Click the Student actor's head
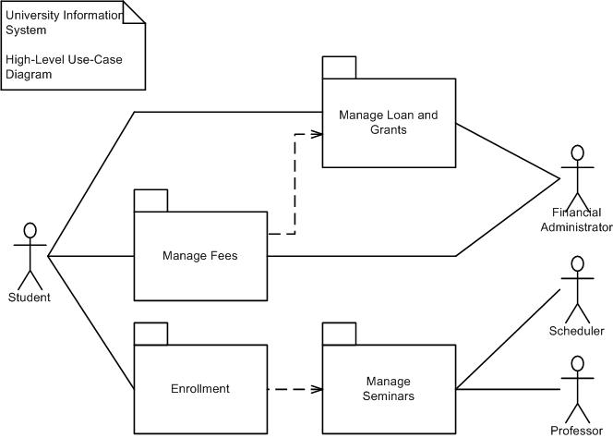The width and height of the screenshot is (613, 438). pos(30,230)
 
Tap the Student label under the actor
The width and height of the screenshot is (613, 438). pos(30,298)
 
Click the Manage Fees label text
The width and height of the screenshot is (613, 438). pos(200,256)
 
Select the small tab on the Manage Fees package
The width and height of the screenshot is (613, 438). pos(150,201)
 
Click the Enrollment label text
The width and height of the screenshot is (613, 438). pos(200,389)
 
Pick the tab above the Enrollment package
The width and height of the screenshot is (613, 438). pos(150,334)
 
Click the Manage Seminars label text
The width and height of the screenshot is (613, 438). pos(389,388)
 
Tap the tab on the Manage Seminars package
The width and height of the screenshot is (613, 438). pos(340,334)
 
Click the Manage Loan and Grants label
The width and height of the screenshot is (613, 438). pos(389,122)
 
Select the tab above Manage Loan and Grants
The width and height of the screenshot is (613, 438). pos(340,67)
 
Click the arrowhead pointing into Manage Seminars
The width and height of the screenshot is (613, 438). pos(317,389)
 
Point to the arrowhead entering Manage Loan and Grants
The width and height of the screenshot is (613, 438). pos(317,134)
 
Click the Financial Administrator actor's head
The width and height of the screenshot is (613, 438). pos(577,153)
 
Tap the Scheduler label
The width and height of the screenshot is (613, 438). pos(577,331)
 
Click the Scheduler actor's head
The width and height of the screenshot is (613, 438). pos(577,264)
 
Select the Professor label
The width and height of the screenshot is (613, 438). pos(577,431)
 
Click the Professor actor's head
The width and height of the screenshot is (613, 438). pos(577,364)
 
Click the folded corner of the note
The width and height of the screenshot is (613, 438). pos(134,12)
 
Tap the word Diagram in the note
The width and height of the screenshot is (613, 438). pos(29,74)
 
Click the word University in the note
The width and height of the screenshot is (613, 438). pos(32,16)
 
